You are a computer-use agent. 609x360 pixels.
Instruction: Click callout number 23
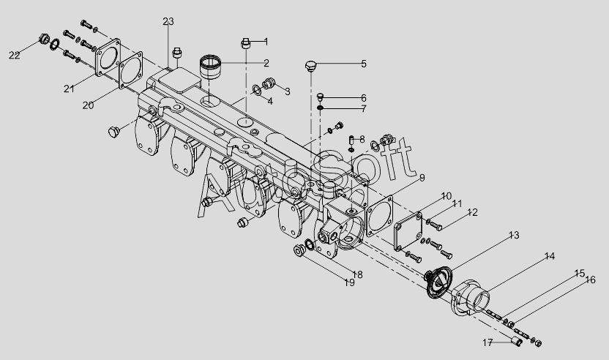click(168, 21)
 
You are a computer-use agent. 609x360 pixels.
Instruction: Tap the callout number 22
click(15, 55)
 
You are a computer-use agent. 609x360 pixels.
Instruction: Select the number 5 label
click(364, 64)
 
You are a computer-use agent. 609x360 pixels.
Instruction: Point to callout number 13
click(514, 235)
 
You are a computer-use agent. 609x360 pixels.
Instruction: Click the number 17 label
click(487, 342)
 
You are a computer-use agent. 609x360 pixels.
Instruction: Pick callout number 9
click(422, 178)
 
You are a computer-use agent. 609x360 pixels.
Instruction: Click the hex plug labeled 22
click(44, 40)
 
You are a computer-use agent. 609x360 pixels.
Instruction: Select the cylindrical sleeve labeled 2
click(210, 67)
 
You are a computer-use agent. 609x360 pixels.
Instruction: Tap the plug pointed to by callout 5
click(310, 66)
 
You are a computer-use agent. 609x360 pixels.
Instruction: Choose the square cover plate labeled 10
click(408, 231)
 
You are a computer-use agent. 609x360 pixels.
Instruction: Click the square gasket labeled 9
click(379, 217)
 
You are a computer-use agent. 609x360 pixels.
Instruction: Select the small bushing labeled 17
click(517, 342)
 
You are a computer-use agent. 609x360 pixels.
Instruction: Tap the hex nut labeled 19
click(299, 250)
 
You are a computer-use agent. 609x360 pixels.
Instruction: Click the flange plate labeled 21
click(108, 57)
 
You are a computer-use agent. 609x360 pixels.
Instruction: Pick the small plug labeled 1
click(245, 43)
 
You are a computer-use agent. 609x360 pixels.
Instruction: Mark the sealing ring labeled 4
click(257, 90)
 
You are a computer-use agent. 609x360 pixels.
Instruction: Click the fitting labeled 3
click(269, 83)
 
